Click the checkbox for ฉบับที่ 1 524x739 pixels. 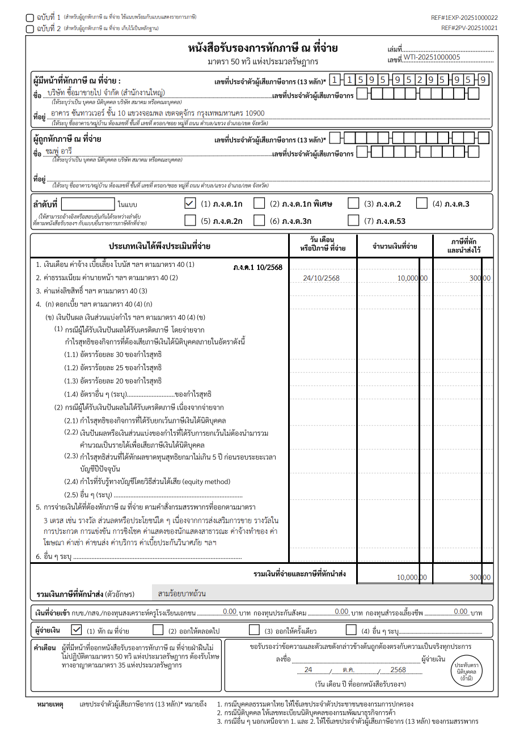(x=29, y=18)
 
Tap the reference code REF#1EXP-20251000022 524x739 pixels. (x=464, y=18)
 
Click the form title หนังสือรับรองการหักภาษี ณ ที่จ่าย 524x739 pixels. (x=263, y=49)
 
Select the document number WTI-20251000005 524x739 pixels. (x=432, y=57)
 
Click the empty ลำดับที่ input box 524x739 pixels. (x=87, y=204)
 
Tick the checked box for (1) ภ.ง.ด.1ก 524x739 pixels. (x=190, y=203)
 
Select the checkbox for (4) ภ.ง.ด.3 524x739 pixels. (x=421, y=203)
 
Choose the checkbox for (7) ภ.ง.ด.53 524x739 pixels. (x=353, y=220)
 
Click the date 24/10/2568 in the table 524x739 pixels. (x=321, y=278)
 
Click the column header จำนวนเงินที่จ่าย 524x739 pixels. (x=395, y=247)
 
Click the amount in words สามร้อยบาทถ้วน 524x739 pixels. (x=182, y=593)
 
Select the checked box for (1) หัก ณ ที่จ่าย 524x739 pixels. (x=77, y=630)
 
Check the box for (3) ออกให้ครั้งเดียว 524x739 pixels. (x=254, y=630)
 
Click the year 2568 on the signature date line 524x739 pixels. (x=398, y=669)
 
